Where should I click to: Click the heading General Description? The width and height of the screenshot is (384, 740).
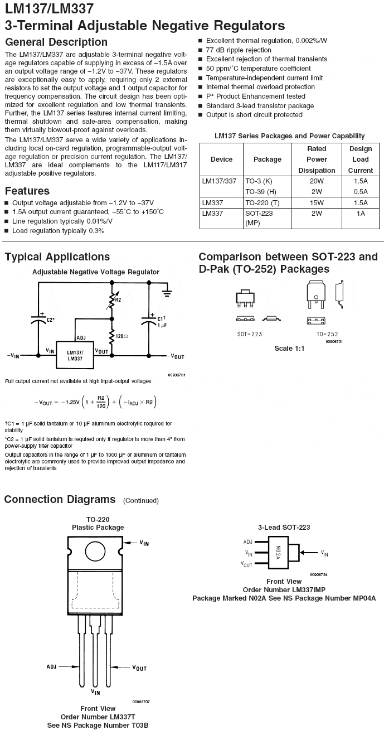(56, 42)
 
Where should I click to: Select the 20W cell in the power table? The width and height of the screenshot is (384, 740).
(316, 182)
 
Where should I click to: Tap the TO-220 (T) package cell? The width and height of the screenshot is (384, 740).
(262, 203)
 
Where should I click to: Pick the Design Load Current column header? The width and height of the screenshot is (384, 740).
(361, 159)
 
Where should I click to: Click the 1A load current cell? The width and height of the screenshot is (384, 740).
(361, 214)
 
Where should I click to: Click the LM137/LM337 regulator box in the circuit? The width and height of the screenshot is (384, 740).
(75, 355)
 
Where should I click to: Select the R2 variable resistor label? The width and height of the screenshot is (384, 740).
(118, 300)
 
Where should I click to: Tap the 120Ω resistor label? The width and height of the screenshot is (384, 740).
(122, 336)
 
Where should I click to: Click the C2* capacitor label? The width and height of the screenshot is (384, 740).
(50, 320)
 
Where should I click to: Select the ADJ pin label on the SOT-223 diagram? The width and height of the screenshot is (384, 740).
(248, 541)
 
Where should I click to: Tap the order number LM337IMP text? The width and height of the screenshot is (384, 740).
(284, 589)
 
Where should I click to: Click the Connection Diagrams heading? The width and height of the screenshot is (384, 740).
(60, 499)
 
